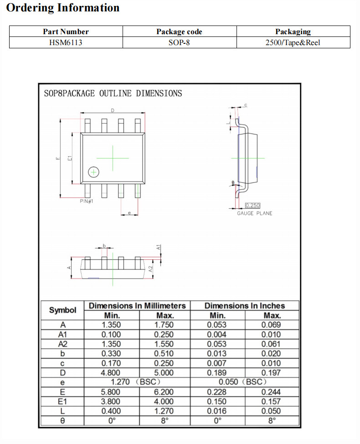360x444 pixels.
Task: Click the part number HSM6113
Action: point(66,42)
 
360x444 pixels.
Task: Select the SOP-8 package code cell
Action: point(179,42)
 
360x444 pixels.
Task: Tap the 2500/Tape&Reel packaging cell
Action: point(293,42)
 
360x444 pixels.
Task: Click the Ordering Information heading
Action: point(63,8)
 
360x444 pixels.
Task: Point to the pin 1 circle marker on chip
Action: point(94,172)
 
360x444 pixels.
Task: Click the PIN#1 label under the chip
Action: point(86,201)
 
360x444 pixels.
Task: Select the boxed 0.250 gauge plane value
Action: point(253,205)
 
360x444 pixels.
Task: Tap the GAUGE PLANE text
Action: point(254,213)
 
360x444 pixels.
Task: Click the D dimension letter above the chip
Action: point(113,110)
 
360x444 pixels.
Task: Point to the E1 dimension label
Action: point(70,158)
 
